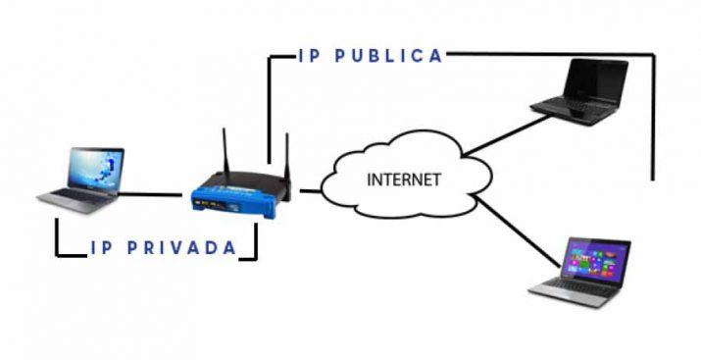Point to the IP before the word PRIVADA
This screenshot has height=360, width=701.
101,248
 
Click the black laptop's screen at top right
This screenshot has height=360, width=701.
594,79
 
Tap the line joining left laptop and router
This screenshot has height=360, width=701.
155,193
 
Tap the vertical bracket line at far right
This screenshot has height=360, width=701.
653,118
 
